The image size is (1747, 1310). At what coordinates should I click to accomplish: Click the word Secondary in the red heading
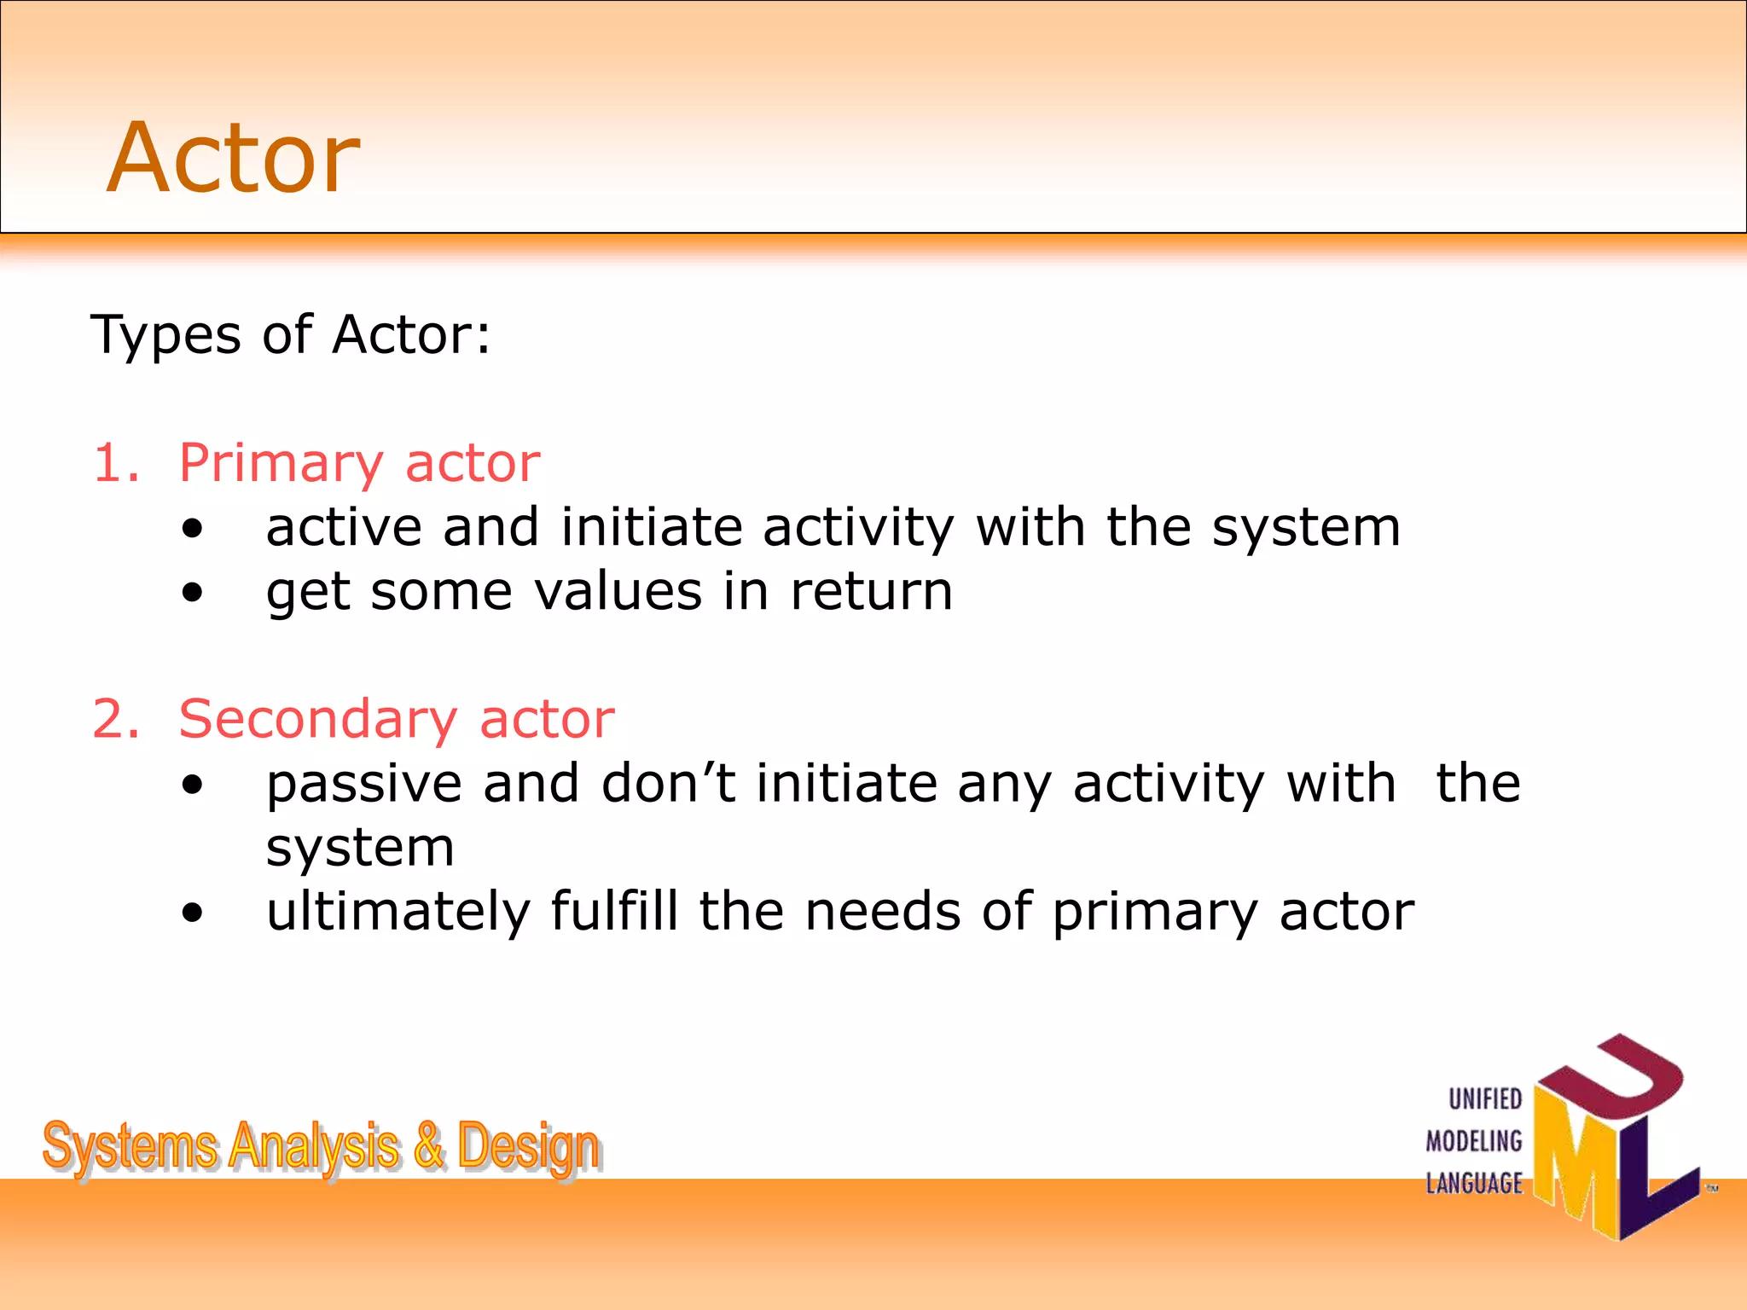coord(318,719)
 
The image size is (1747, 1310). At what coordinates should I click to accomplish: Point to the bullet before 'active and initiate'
coord(193,528)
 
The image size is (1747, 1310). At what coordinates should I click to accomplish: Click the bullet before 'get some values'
coord(193,592)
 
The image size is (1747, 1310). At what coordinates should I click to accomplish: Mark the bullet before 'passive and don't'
coord(193,785)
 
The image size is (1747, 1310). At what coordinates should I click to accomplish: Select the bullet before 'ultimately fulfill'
coord(193,913)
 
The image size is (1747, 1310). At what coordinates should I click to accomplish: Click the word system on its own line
coord(360,849)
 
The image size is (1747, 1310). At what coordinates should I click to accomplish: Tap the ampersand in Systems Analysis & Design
coord(428,1145)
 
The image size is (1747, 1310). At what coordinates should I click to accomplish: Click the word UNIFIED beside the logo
coord(1485,1099)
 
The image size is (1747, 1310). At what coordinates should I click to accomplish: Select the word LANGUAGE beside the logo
coord(1474,1183)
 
